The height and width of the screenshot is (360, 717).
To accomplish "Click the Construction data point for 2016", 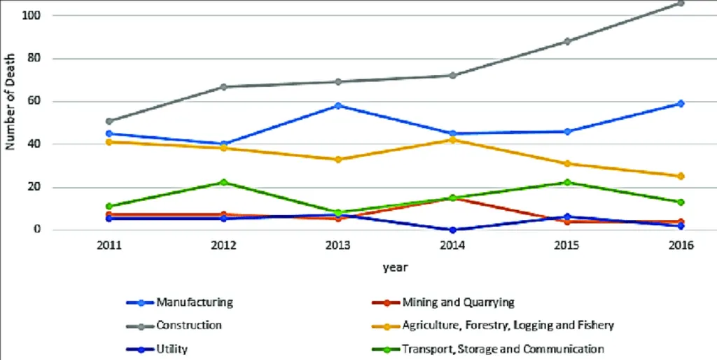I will coord(680,4).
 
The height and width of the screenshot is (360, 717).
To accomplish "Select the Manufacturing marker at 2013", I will coord(338,106).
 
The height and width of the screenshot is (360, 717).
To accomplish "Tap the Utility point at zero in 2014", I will coord(452,230).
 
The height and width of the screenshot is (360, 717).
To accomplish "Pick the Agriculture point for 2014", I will coord(452,140).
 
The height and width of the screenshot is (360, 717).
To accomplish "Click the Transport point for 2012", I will coord(223,182).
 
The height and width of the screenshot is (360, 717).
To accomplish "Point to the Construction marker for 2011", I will coord(109,121).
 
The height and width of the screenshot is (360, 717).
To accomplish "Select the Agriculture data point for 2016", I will coord(680,176).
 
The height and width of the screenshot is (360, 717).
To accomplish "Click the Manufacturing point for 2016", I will coord(680,104).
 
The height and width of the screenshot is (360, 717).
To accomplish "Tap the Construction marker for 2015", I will coord(566,41).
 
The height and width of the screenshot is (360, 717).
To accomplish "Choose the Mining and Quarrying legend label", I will coord(458,303).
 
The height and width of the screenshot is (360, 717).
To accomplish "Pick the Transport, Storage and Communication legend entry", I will coord(503,348).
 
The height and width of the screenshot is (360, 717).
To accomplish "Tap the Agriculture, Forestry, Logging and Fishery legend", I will coord(508,325).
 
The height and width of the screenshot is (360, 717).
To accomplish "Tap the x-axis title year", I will coord(395,267).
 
